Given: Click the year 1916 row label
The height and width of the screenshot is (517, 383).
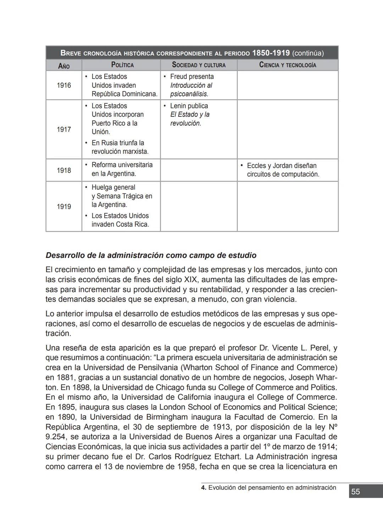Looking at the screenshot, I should click(64, 85).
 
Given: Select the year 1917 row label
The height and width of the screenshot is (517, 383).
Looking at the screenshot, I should click(64, 129).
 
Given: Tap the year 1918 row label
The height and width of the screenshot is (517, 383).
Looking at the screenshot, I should click(64, 170).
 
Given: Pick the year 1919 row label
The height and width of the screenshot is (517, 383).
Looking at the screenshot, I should click(64, 207).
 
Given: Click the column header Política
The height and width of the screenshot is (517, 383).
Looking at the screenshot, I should click(122, 65).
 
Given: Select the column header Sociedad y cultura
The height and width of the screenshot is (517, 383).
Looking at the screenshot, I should click(199, 65).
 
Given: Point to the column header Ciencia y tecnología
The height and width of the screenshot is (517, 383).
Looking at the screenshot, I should click(288, 65).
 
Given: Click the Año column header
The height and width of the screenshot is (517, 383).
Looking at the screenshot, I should click(64, 66).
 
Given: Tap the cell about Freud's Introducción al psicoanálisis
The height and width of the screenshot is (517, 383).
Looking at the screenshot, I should click(191, 85).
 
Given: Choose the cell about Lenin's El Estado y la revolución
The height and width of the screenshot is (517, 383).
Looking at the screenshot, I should click(189, 114).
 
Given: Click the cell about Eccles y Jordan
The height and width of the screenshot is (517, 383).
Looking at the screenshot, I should click(283, 170).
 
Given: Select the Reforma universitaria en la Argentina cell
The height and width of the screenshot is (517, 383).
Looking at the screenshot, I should click(122, 169).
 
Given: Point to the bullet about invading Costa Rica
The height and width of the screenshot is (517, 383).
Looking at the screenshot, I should click(120, 220).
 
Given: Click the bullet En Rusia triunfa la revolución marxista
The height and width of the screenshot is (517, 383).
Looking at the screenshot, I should click(120, 147).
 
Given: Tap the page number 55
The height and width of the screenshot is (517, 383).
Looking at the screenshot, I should click(355, 491).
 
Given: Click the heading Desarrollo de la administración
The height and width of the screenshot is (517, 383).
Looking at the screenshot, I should click(151, 255).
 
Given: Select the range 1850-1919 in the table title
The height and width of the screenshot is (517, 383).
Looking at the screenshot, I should click(271, 53).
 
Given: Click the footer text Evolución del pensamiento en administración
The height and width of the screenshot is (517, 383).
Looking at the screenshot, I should click(272, 488).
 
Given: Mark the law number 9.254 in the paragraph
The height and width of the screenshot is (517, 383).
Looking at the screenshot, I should click(55, 437).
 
